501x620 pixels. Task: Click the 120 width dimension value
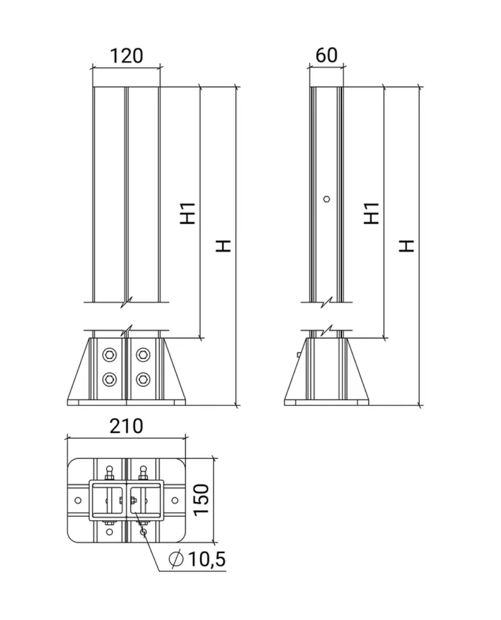pyautogui.click(x=126, y=56)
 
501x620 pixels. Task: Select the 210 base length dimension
pyautogui.click(x=126, y=426)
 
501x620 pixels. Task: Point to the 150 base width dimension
pyautogui.click(x=201, y=500)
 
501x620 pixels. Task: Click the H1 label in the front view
pyautogui.click(x=188, y=213)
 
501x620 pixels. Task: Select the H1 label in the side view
pyautogui.click(x=372, y=213)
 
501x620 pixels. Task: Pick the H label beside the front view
pyautogui.click(x=223, y=246)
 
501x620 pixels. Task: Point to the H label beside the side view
pyautogui.click(x=406, y=246)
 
